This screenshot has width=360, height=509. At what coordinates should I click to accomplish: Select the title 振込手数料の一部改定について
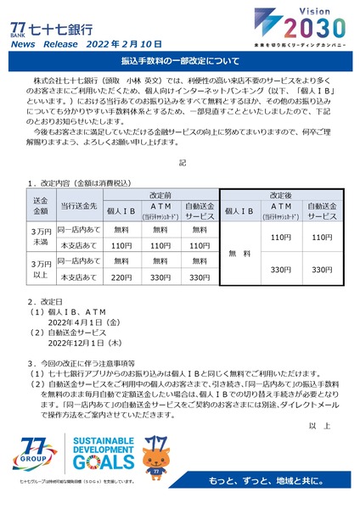pyautogui.click(x=180, y=63)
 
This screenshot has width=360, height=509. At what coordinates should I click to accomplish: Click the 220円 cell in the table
pyautogui.click(x=121, y=277)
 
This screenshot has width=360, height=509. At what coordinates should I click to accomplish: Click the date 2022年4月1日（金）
pyautogui.click(x=88, y=323)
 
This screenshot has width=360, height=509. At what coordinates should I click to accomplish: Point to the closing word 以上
pyautogui.click(x=319, y=425)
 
